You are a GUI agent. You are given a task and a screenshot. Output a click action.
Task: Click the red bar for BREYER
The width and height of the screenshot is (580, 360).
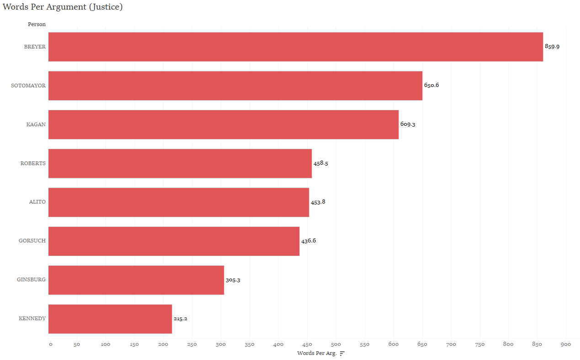coord(295,47)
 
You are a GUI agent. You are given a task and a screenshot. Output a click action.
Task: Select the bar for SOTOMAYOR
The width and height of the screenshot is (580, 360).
coord(235,86)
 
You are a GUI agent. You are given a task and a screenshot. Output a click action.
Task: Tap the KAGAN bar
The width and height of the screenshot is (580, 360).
coord(223,124)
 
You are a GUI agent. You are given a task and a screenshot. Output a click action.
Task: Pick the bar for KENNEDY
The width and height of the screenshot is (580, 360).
coord(110,319)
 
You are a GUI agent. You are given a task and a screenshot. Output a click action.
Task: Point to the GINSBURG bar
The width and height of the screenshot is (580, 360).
coord(136,280)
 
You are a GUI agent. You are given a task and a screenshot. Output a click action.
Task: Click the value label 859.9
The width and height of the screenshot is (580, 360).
coord(552,47)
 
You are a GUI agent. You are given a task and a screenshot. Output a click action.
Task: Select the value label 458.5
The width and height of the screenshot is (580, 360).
coord(320,163)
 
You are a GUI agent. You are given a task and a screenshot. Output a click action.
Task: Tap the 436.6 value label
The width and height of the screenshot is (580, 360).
coord(309,241)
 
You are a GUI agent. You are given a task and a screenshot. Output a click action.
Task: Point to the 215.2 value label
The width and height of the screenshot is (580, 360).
coord(180,319)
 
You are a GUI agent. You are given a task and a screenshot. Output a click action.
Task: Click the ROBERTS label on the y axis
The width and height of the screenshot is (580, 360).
coord(33,163)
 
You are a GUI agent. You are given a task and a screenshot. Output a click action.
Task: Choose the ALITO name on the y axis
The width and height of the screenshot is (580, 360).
coord(37,202)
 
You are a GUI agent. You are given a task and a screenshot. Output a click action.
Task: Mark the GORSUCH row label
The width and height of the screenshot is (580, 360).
coord(32,241)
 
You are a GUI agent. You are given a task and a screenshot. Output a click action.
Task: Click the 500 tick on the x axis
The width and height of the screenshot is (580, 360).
coord(336,344)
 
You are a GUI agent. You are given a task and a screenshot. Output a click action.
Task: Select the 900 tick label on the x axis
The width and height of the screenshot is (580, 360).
coord(565,344)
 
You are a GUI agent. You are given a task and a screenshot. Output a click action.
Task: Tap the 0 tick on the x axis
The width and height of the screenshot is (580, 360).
coord(50,344)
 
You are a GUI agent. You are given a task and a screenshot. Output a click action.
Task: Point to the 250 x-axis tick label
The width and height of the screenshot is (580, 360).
coord(192,344)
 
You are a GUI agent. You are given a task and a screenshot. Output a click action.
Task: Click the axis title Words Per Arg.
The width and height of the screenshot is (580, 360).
coord(316,353)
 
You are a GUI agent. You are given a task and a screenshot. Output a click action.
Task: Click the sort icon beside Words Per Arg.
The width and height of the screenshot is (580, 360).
coord(342,354)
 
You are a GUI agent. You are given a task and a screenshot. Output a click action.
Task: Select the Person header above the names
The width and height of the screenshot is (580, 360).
coord(37,24)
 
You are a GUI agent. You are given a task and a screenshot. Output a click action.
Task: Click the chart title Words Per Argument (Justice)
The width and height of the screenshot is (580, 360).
coord(63,7)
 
